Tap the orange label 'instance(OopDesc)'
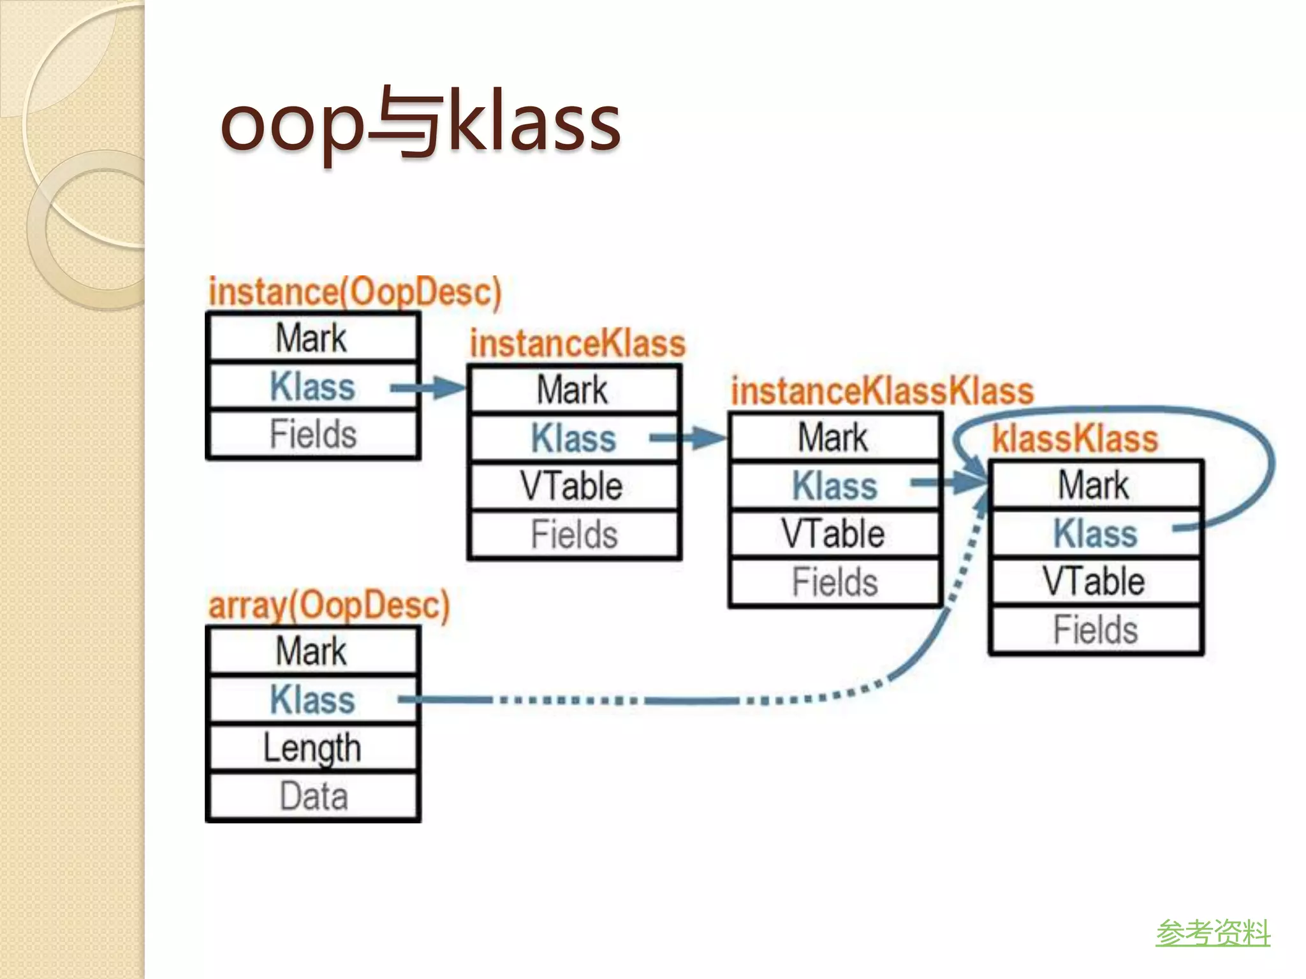point(355,292)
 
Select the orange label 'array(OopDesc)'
point(329,604)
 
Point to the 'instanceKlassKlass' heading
point(881,391)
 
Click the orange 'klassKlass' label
point(1075,439)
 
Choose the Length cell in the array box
point(312,748)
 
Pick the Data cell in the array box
point(312,797)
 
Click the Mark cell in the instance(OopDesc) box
point(312,338)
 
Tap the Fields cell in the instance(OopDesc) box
point(312,435)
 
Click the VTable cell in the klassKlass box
point(1094,581)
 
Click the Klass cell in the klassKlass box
point(1094,533)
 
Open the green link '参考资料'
point(1213,933)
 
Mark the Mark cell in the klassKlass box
point(1094,485)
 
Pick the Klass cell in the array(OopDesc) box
point(312,699)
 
